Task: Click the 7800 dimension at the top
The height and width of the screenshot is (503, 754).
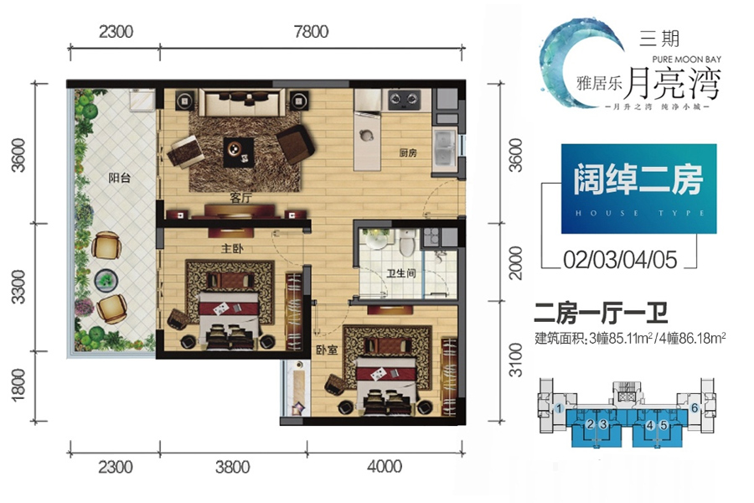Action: [x=311, y=33]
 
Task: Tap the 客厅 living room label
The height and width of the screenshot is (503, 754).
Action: [x=241, y=199]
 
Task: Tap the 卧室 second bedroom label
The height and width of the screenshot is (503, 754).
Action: [x=327, y=351]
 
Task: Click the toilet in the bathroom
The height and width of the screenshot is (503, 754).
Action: [x=406, y=245]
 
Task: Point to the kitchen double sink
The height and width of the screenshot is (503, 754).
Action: [x=443, y=148]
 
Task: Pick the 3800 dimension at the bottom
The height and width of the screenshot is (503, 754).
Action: [x=231, y=467]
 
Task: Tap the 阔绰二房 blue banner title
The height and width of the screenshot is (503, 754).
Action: [x=638, y=181]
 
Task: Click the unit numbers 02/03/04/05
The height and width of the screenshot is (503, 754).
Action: [x=621, y=259]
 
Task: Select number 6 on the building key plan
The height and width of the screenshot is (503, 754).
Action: [x=695, y=408]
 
